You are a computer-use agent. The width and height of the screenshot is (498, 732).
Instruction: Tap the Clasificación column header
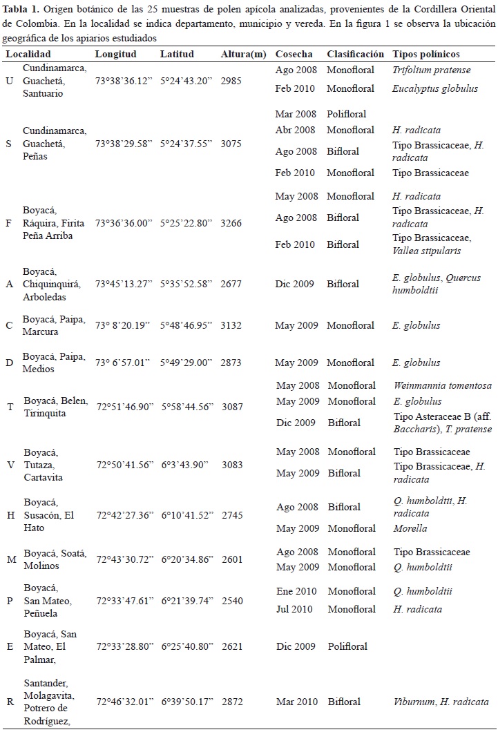coord(355,54)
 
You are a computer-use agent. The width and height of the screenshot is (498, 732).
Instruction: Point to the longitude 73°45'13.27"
coord(124,284)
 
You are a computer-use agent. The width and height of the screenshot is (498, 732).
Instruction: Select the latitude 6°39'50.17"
coord(187,702)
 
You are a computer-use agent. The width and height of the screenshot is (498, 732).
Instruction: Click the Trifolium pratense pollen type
coord(431,70)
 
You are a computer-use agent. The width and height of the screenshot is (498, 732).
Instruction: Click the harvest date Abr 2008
coord(295,130)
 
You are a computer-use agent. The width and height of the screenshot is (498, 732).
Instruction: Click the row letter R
coord(10,702)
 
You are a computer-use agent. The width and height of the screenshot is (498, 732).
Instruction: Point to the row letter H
coord(10,516)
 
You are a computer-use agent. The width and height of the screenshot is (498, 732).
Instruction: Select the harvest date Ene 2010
coord(296,591)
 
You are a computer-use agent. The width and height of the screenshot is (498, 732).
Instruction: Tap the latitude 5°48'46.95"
coord(187,325)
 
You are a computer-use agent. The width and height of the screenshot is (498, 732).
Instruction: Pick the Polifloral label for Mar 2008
coord(347,113)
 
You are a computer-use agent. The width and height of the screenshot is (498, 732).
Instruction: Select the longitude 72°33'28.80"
coord(124,646)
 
